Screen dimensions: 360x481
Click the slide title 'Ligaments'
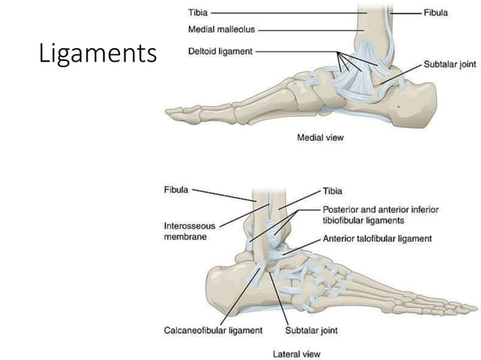(97, 55)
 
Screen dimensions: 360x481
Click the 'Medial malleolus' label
(222, 30)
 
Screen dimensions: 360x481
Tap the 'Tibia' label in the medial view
(198, 13)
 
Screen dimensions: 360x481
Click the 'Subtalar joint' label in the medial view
(450, 65)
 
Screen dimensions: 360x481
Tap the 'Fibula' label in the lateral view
(176, 190)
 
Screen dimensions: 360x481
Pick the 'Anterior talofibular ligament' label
(377, 239)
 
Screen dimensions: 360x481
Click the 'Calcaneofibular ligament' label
(213, 330)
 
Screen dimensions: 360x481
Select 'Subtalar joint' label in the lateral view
(310, 330)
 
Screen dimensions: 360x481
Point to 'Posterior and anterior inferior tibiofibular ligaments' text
(381, 215)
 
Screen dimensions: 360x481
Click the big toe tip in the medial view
(175, 115)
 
